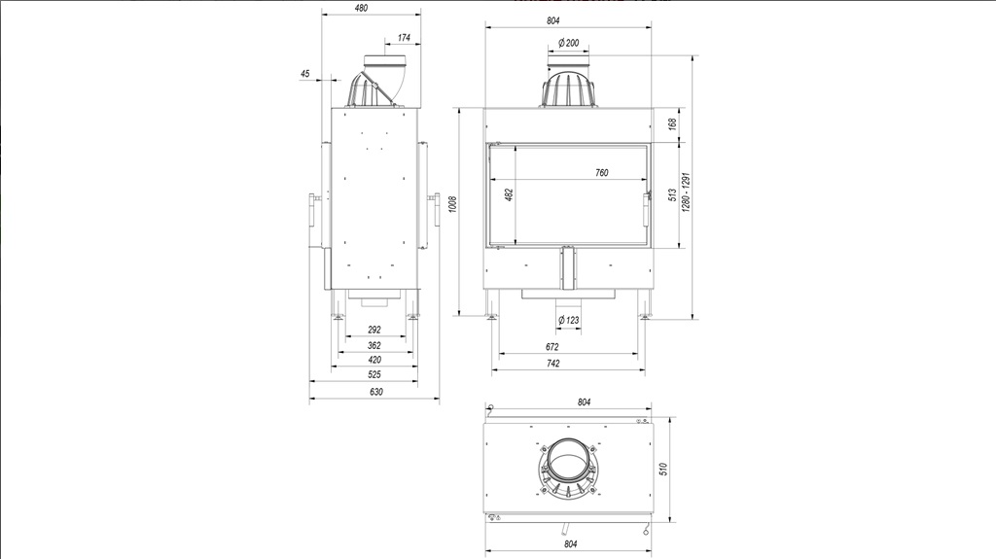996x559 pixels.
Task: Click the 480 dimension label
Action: click(361, 8)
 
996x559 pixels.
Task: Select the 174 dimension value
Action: click(404, 38)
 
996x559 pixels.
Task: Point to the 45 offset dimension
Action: click(304, 74)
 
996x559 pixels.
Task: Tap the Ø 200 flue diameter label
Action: click(568, 43)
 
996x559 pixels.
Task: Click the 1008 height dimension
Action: click(453, 204)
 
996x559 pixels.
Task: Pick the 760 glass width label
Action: click(601, 173)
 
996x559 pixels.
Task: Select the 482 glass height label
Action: click(509, 194)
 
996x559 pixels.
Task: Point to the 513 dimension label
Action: click(673, 195)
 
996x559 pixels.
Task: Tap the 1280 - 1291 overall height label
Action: click(686, 192)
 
